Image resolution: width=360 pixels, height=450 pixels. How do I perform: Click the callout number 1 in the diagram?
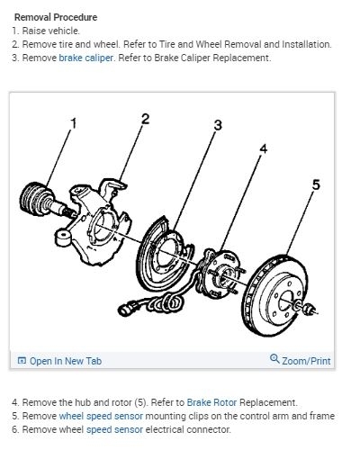point(74,123)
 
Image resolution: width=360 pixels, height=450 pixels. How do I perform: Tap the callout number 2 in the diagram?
point(145,119)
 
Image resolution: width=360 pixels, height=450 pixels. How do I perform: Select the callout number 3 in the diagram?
point(218,125)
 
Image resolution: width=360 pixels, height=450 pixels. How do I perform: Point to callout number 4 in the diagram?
point(263,148)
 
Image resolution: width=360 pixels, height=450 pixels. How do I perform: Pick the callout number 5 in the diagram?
point(316,184)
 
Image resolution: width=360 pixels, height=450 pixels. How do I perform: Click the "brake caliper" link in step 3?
point(86,58)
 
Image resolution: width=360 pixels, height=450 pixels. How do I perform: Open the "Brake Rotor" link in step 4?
point(211,402)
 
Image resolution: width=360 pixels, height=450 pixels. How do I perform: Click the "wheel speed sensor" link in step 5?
point(101,416)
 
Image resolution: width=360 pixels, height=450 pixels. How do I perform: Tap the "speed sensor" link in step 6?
point(114,429)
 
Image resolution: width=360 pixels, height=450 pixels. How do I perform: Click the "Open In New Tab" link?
point(66,361)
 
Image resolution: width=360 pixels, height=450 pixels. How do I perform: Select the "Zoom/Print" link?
point(306,361)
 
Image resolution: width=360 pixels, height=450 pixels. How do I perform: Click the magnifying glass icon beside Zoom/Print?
point(274,359)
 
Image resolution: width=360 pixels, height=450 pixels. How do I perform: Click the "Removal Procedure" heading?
point(56,17)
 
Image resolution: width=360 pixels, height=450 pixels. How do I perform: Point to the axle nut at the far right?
point(309,309)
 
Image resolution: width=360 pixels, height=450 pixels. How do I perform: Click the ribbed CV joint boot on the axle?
point(34,199)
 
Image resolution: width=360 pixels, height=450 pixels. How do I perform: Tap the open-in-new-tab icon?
point(22,360)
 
